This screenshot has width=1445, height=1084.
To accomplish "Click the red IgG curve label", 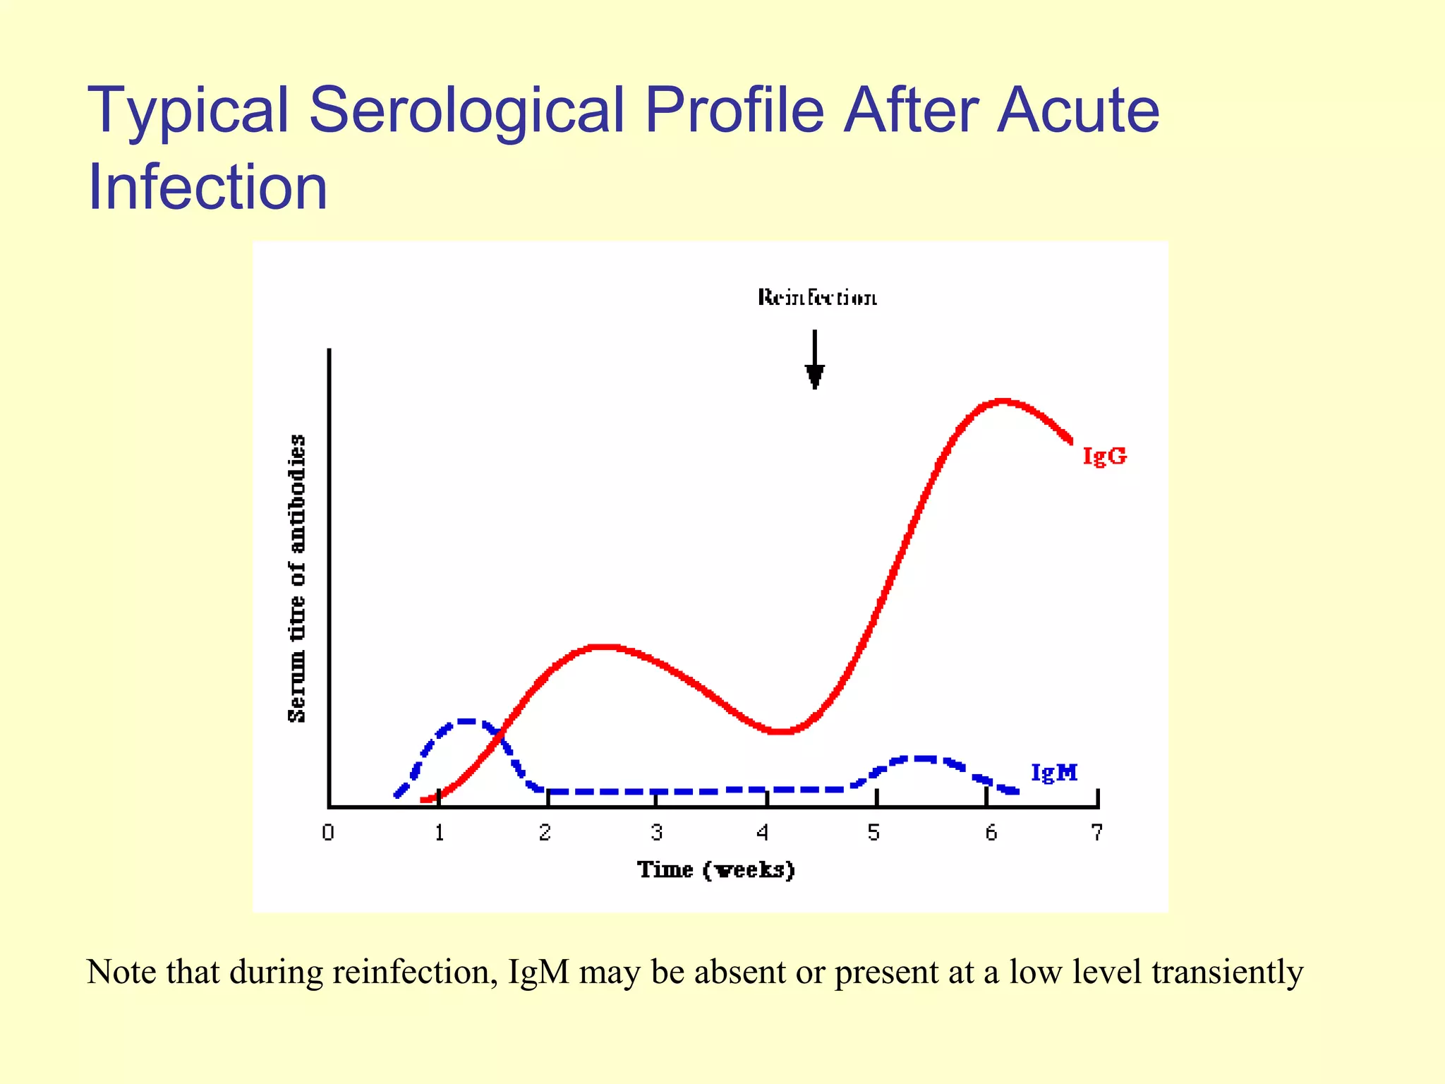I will (x=1104, y=456).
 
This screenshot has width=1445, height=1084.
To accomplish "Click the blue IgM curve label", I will (x=1054, y=773).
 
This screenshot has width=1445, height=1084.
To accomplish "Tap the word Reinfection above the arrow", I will (x=817, y=298).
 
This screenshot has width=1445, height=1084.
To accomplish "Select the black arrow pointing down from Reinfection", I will (x=815, y=360).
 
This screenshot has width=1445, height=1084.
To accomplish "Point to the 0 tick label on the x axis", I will (x=328, y=833).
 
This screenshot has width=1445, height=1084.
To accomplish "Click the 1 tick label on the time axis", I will (x=439, y=833).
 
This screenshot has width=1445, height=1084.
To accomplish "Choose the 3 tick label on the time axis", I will (x=656, y=833).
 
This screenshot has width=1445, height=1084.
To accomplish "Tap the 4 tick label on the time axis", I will (x=763, y=833).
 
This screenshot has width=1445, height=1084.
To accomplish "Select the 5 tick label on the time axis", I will (x=873, y=833).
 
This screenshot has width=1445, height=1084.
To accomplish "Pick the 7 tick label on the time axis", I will (x=1096, y=833).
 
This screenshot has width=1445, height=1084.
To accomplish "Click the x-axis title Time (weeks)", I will (x=716, y=869).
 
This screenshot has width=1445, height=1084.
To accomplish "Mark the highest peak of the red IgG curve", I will (x=1002, y=402).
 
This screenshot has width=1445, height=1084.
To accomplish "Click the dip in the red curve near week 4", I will (x=780, y=731).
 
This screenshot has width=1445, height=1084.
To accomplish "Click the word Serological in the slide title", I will (x=466, y=110).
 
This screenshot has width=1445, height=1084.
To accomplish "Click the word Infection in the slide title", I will (x=207, y=187).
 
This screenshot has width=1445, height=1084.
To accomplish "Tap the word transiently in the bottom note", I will (x=1227, y=972).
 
